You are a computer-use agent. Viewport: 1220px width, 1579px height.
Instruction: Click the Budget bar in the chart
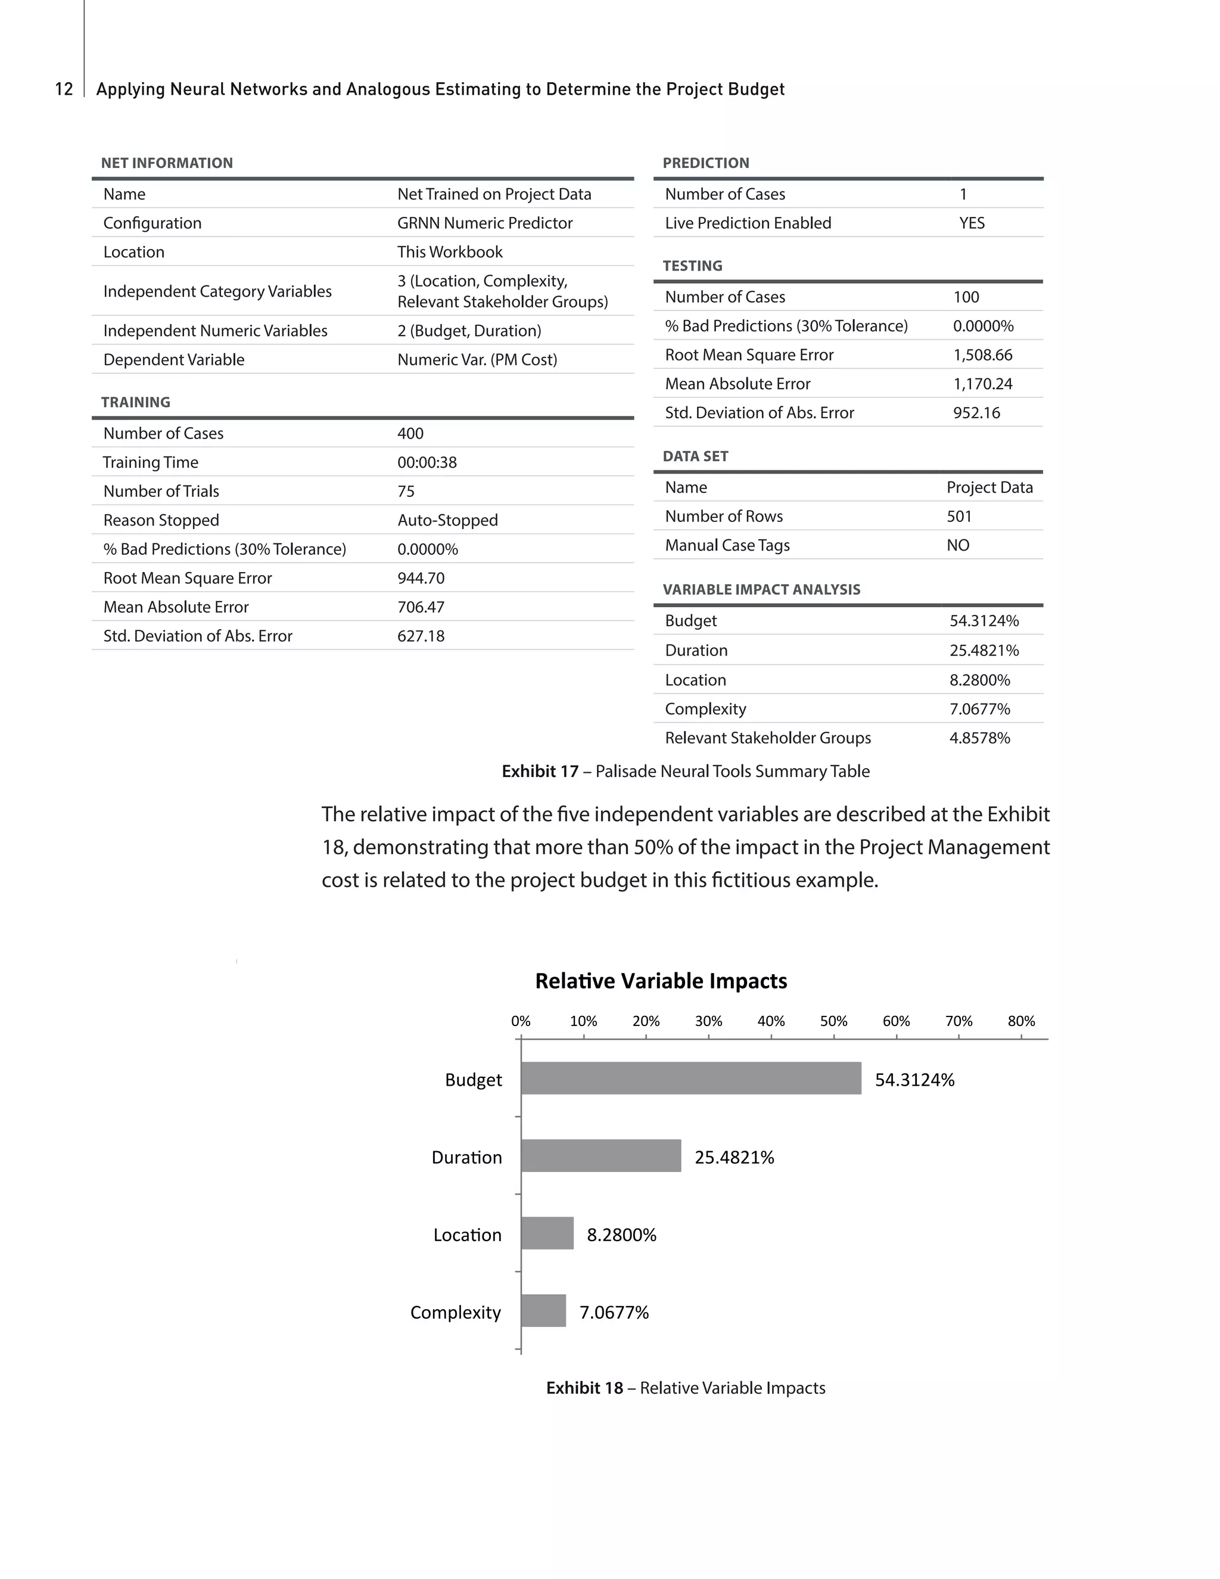tap(690, 1078)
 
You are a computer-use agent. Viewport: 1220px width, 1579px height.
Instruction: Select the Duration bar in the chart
tap(600, 1155)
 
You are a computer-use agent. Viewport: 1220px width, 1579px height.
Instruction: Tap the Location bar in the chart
tap(547, 1233)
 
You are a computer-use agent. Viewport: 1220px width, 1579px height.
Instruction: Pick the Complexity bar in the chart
tap(543, 1310)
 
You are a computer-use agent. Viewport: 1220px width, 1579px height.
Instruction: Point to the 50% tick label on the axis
tap(833, 1021)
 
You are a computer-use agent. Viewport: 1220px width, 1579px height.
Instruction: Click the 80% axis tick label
tap(1020, 1021)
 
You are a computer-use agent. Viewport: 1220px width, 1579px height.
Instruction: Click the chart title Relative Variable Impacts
tap(661, 981)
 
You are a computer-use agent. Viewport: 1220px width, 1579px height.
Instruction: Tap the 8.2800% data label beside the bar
tap(621, 1234)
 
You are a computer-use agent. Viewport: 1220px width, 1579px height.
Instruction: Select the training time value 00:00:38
tap(427, 462)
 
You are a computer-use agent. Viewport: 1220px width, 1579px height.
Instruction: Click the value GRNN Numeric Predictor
tap(484, 223)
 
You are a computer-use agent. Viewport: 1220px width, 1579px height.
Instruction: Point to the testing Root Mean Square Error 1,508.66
tap(982, 355)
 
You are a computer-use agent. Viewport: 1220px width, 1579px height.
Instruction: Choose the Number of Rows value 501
tap(958, 516)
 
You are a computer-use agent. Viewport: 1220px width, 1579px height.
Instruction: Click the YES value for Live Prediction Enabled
tap(972, 223)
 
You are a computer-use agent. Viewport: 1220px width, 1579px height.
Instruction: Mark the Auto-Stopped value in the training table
tap(447, 520)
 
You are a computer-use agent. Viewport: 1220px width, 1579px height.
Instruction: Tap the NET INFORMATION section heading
tap(166, 163)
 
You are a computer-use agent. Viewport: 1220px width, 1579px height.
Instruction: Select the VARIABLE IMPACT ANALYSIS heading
tap(761, 589)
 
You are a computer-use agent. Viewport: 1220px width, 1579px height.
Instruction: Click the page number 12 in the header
tap(64, 89)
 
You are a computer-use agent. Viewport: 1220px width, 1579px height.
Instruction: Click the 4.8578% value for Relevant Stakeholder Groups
tap(979, 738)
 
